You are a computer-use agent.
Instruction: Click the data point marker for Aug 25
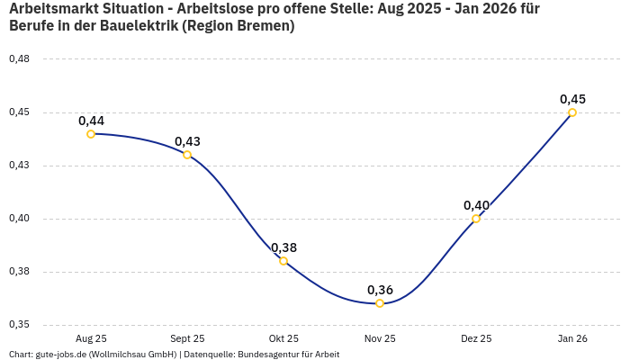pyautogui.click(x=91, y=134)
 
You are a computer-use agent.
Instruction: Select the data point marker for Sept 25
pyautogui.click(x=187, y=155)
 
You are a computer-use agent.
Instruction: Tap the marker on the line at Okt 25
pyautogui.click(x=283, y=261)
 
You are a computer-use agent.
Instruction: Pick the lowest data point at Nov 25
pyautogui.click(x=380, y=303)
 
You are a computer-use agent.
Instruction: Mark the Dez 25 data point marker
pyautogui.click(x=476, y=219)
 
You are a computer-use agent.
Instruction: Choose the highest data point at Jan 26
pyautogui.click(x=572, y=112)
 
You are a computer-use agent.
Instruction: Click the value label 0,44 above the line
pyautogui.click(x=91, y=121)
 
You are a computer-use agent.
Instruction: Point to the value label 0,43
pyautogui.click(x=187, y=141)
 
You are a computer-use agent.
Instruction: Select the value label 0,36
pyautogui.click(x=380, y=290)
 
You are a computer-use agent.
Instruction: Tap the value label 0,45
pyautogui.click(x=572, y=99)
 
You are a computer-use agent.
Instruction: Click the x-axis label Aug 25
pyautogui.click(x=91, y=338)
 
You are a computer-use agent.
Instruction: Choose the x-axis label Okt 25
pyautogui.click(x=283, y=338)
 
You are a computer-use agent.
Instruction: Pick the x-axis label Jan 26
pyautogui.click(x=572, y=338)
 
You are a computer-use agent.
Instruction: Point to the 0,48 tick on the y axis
pyautogui.click(x=19, y=59)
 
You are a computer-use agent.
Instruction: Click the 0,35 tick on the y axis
pyautogui.click(x=19, y=325)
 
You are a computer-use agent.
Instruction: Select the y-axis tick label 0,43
pyautogui.click(x=19, y=166)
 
